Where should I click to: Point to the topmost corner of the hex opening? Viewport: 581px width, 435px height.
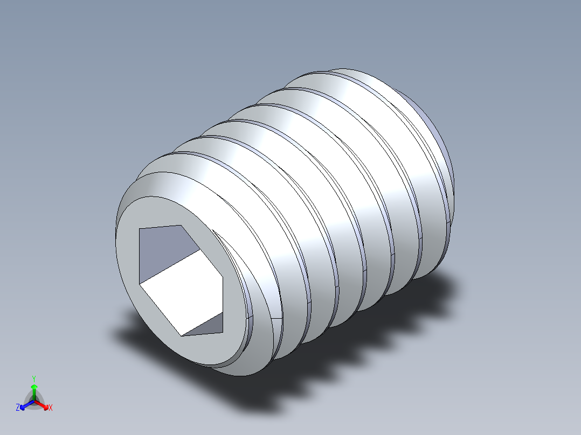coord(179,225)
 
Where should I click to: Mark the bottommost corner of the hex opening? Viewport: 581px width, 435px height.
coord(182,336)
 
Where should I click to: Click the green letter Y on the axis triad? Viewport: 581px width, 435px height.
coord(33,378)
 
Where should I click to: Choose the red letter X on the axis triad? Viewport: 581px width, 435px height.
coord(51,408)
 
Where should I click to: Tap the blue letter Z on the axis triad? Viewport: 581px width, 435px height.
coord(17,408)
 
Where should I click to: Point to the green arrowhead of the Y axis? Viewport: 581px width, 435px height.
coord(33,387)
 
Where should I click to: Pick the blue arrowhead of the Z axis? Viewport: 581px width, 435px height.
coord(23,406)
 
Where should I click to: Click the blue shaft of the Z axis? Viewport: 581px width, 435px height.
coord(28,404)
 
